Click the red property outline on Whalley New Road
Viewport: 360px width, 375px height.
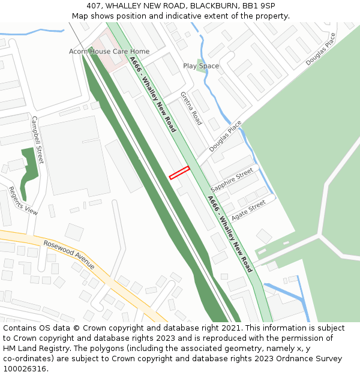179,173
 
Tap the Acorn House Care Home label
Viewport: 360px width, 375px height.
109,52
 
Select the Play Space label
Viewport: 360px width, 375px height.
201,66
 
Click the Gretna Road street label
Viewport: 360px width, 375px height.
191,109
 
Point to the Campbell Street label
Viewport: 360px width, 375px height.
38,140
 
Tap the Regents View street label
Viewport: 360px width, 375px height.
23,201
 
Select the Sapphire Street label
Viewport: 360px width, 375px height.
232,181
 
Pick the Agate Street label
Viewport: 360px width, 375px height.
248,210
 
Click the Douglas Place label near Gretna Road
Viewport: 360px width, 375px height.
226,136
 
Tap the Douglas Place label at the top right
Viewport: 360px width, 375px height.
321,49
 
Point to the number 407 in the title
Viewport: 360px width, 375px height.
94,6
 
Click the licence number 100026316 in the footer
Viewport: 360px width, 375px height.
26,368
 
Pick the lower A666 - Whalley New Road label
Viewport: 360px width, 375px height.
230,233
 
